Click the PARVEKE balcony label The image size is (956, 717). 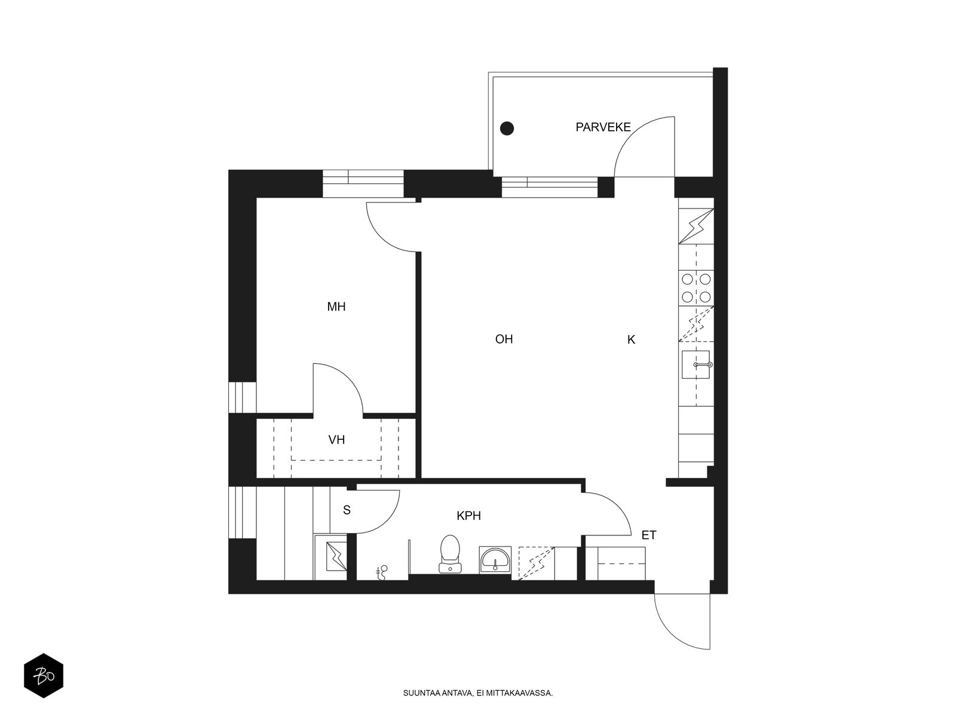tap(603, 127)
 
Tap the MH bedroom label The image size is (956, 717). tap(336, 307)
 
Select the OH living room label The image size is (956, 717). tap(504, 339)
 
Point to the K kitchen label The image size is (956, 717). tap(631, 339)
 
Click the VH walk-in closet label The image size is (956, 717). tap(336, 440)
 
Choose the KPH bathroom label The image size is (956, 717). tap(468, 516)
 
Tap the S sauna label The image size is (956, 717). tap(347, 510)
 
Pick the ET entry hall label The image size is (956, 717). tap(648, 535)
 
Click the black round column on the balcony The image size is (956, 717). tap(507, 128)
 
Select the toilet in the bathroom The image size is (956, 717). tap(450, 554)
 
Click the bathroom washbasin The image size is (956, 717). tap(495, 559)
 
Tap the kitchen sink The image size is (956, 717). tap(695, 365)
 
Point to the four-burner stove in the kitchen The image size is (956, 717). tap(696, 287)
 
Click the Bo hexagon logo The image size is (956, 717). tap(44, 676)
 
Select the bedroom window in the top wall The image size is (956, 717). tap(363, 183)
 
